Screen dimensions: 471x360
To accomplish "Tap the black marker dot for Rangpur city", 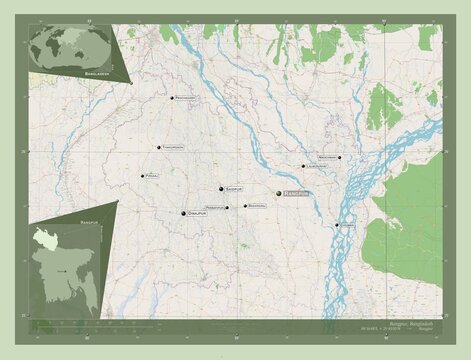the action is (280, 194).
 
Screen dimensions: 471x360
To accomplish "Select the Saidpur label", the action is (235, 187).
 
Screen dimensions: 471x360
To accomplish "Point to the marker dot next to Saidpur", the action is (221, 187).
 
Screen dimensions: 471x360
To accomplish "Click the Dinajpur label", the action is (199, 213).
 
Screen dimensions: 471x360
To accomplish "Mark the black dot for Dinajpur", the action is (184, 213).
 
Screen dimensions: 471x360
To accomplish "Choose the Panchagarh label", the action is (188, 97).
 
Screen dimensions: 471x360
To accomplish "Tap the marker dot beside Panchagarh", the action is (172, 97).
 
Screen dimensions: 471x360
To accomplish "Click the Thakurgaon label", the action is (175, 147).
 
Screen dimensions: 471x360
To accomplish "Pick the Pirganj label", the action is (153, 176).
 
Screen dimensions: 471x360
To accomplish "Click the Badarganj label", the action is (258, 206).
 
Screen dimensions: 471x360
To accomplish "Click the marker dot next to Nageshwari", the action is (341, 157).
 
